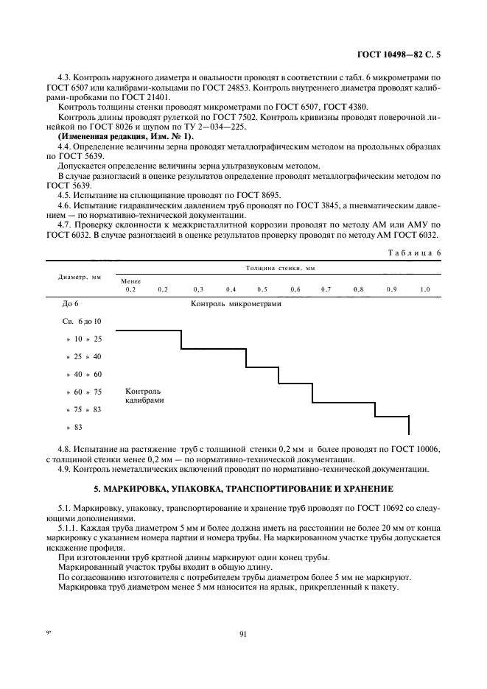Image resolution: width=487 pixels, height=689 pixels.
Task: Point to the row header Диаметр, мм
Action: [x=80, y=278]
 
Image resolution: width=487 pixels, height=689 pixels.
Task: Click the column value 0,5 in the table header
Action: [x=262, y=290]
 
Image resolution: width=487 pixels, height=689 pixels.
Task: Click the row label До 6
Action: [x=71, y=303]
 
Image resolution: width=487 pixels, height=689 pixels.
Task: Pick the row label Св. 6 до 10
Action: [x=82, y=322]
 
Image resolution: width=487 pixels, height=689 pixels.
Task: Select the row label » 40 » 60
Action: [x=83, y=375]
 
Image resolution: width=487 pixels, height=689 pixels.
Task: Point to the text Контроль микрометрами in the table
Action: [x=236, y=303]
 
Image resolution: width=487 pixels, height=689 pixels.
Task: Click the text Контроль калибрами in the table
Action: [x=144, y=396]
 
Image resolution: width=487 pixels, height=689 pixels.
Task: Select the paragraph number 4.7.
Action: [x=66, y=224]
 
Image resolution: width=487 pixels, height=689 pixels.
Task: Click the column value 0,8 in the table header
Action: [x=358, y=290]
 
